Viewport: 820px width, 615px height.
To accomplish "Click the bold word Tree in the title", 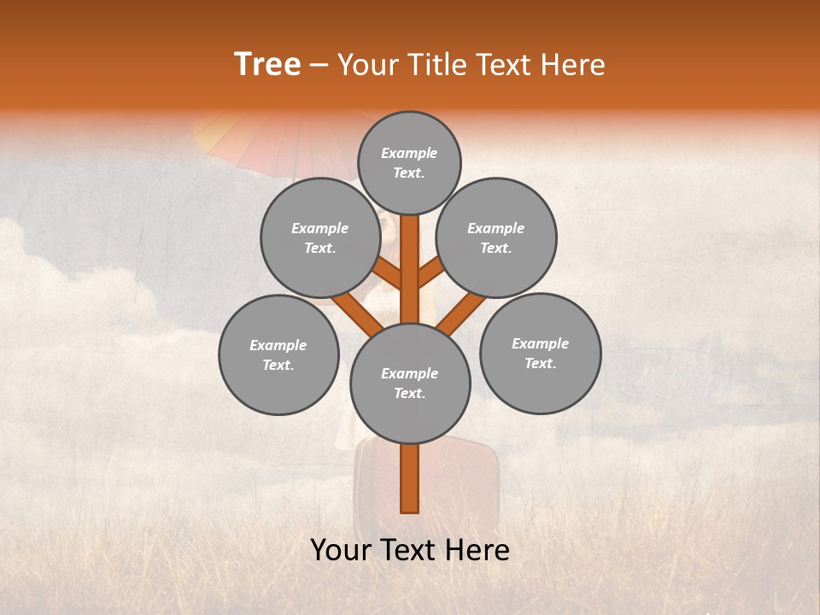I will tap(267, 64).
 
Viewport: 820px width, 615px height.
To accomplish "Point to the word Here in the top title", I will tap(573, 65).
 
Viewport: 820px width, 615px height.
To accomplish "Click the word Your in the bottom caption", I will tap(342, 549).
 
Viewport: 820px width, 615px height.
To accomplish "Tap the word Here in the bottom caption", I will tap(477, 549).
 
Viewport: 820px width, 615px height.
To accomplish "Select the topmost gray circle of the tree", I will tap(409, 162).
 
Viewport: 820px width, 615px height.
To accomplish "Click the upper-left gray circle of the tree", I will tap(320, 237).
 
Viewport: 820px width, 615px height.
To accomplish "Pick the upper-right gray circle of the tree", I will tap(496, 237).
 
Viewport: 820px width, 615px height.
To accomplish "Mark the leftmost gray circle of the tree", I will tap(278, 354).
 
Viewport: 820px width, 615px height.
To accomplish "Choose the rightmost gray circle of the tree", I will tap(540, 353).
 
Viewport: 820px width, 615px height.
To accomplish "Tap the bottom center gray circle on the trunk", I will tap(410, 383).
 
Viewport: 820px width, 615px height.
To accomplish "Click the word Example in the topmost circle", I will tap(409, 153).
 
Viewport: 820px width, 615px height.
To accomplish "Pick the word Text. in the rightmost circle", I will tap(540, 363).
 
